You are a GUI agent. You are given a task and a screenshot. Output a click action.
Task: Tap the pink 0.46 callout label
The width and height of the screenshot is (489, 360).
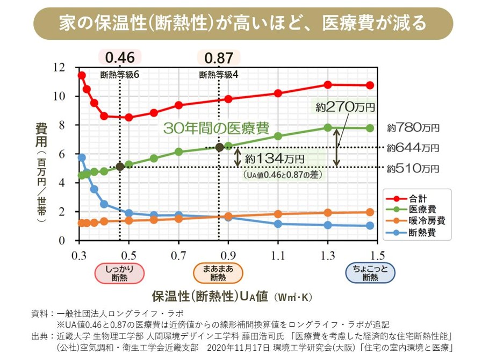click(120, 57)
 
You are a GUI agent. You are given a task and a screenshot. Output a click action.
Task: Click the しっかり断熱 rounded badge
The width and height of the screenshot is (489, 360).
click(120, 273)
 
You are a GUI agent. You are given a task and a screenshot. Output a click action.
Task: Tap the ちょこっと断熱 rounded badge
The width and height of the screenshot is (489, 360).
click(370, 273)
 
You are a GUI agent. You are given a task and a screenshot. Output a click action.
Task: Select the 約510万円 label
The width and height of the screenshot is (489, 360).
click(413, 168)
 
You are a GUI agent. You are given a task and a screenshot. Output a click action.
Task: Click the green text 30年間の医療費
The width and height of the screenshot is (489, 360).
click(216, 128)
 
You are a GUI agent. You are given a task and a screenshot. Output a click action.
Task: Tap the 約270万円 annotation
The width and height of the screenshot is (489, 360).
click(344, 107)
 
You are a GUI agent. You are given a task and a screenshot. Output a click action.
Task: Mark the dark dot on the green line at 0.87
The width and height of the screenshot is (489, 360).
click(219, 147)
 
